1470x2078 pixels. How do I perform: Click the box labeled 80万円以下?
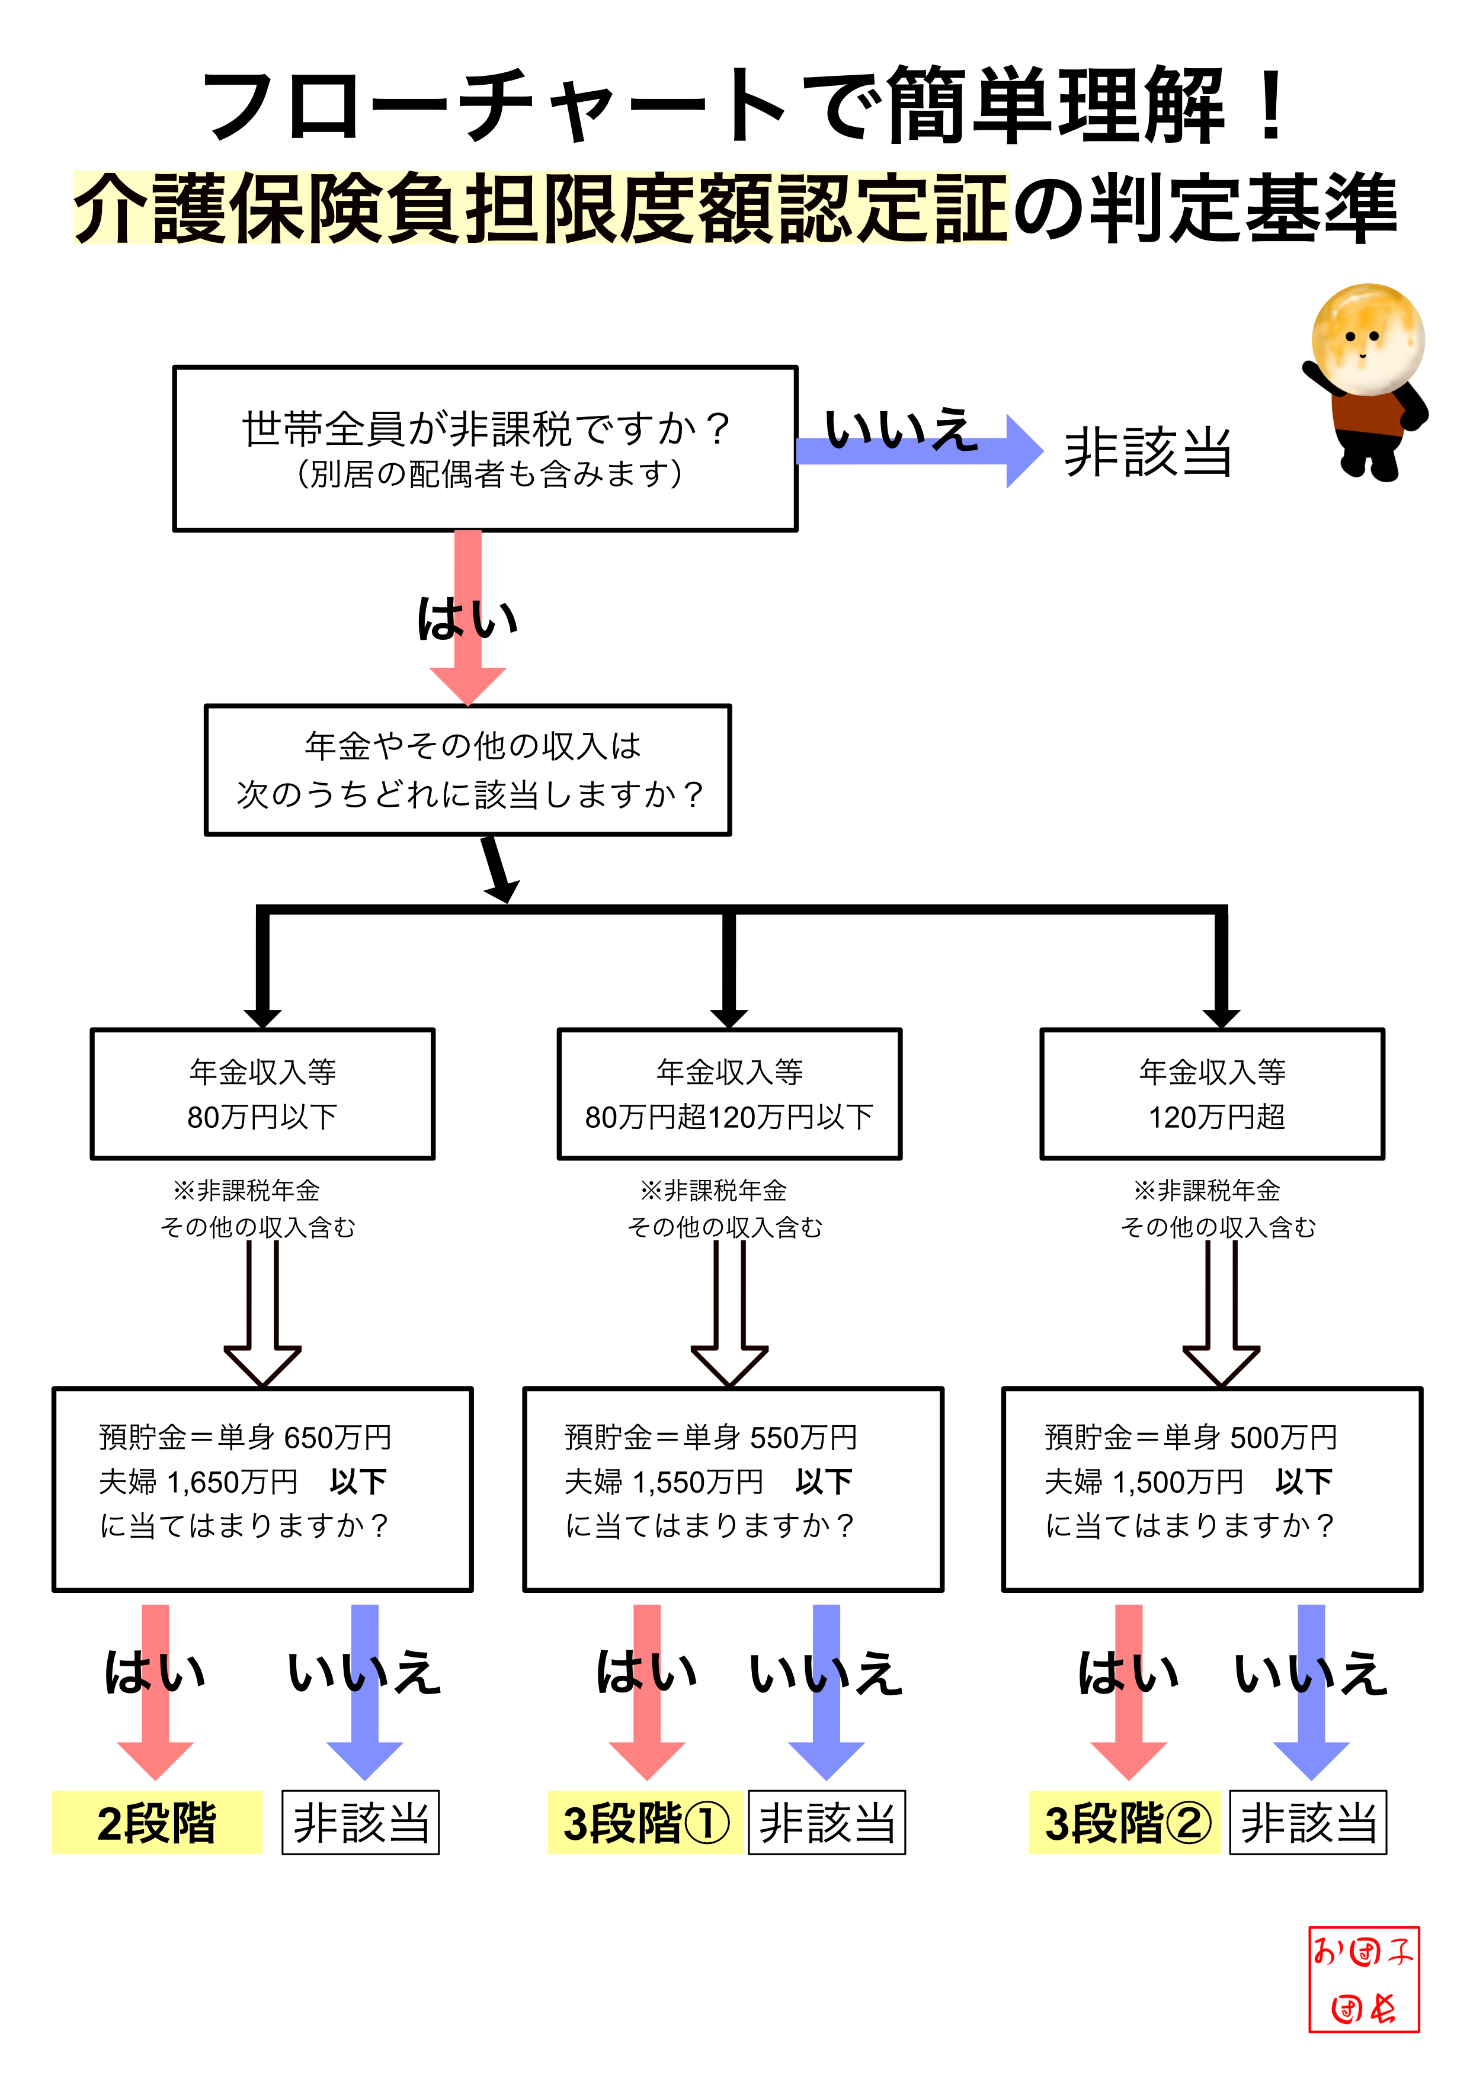[262, 1093]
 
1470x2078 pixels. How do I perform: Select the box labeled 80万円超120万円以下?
[729, 1093]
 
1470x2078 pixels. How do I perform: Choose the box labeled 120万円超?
[1212, 1093]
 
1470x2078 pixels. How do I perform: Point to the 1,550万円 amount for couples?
[697, 1481]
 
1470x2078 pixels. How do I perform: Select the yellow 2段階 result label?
[156, 1823]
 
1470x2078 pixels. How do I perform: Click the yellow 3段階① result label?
[645, 1823]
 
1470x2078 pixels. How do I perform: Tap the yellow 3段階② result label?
[1125, 1823]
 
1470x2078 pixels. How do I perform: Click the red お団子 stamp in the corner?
[1363, 1979]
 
